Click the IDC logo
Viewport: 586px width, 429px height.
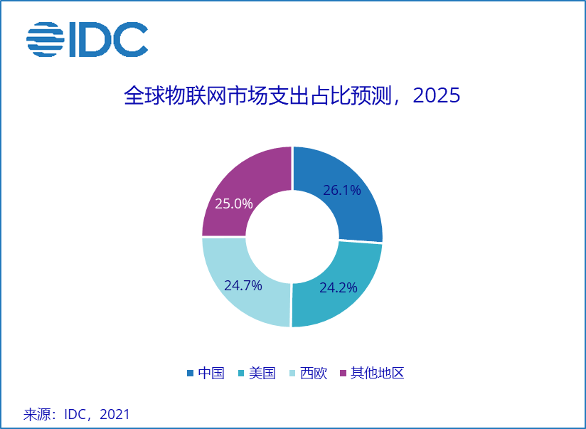point(87,40)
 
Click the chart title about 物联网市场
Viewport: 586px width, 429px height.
point(292,96)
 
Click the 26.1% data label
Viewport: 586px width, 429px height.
point(342,190)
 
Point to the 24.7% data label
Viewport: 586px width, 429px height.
point(243,286)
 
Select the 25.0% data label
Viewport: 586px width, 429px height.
point(234,203)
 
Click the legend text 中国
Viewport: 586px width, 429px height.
point(211,373)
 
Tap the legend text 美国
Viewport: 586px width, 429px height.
point(262,373)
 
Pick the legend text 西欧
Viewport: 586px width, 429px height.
point(314,373)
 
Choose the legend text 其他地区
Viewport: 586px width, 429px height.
point(377,373)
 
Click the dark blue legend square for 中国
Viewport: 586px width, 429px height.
point(190,374)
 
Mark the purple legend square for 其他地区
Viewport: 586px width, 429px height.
point(343,374)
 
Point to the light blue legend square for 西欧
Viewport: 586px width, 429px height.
point(292,374)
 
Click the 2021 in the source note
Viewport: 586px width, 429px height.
point(115,414)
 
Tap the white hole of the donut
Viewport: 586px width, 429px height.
point(292,237)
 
